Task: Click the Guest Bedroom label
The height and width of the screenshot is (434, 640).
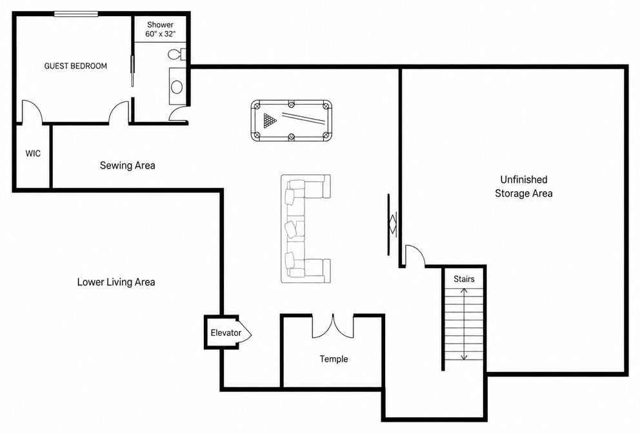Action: pyautogui.click(x=75, y=66)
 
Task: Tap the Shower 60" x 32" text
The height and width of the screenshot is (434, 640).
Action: pyautogui.click(x=161, y=30)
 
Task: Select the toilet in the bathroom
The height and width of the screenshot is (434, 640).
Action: pyautogui.click(x=177, y=54)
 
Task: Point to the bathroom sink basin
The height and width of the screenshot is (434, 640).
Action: pyautogui.click(x=177, y=87)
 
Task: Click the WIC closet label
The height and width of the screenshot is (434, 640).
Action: pyautogui.click(x=33, y=154)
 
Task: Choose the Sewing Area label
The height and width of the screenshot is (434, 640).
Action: pyautogui.click(x=127, y=165)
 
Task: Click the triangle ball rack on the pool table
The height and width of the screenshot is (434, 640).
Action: pyautogui.click(x=270, y=121)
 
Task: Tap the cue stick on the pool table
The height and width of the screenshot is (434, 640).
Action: pyautogui.click(x=303, y=118)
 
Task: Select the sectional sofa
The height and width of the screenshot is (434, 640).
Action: pyautogui.click(x=305, y=229)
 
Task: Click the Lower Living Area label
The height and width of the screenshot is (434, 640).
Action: pyautogui.click(x=116, y=282)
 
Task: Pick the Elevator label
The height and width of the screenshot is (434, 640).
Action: pyautogui.click(x=226, y=333)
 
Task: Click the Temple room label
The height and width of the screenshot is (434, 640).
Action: pyautogui.click(x=334, y=359)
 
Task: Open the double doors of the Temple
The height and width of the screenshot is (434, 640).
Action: pyautogui.click(x=333, y=326)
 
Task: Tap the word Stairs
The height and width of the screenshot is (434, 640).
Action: pyautogui.click(x=464, y=279)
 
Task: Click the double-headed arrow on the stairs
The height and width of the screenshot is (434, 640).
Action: pyautogui.click(x=464, y=324)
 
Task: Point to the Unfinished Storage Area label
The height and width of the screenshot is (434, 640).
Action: pyautogui.click(x=524, y=187)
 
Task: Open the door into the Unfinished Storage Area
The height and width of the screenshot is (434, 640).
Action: pyautogui.click(x=415, y=256)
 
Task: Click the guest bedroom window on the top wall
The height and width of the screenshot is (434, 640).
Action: pyautogui.click(x=76, y=14)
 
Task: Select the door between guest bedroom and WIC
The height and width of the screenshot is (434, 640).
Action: pyautogui.click(x=32, y=111)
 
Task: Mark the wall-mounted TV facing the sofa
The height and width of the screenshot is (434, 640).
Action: pyautogui.click(x=389, y=225)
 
